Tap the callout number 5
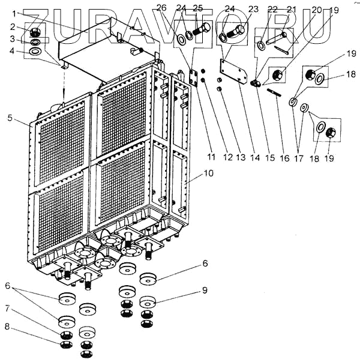point(10,118)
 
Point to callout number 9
point(205,290)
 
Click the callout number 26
point(160,7)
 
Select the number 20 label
point(317,10)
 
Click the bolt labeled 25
point(202,29)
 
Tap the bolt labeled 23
point(239,29)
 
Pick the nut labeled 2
point(35,32)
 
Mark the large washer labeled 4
point(35,52)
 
